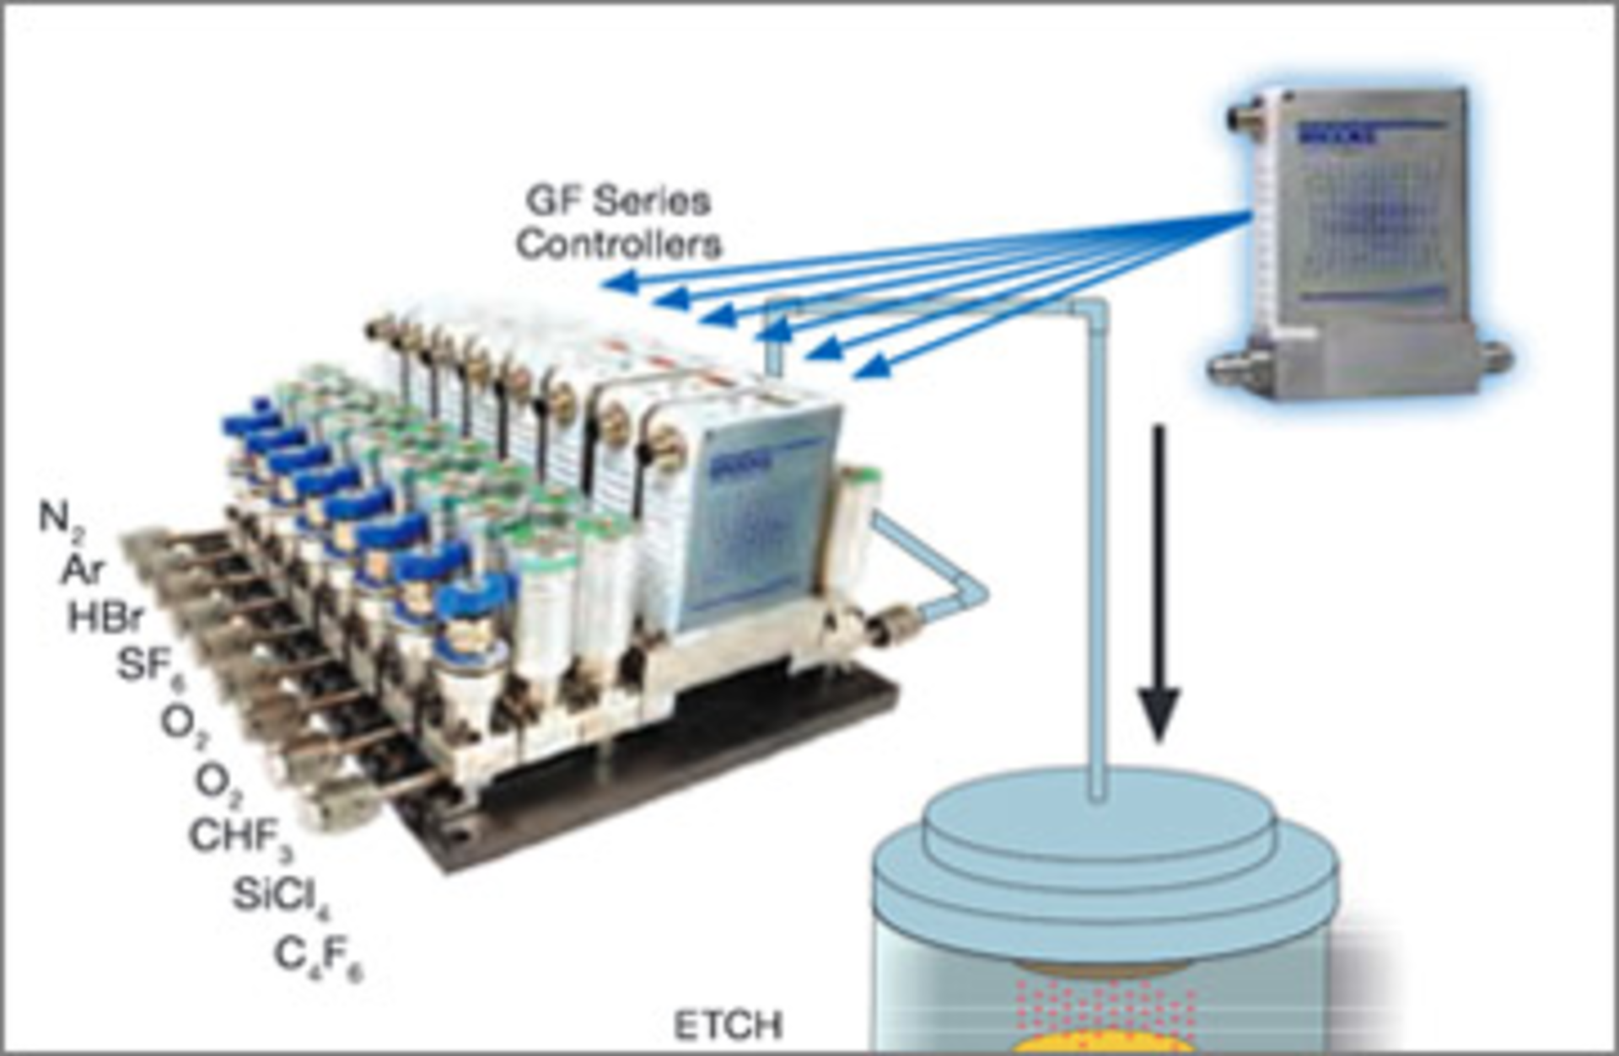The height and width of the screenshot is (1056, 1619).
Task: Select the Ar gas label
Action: (83, 571)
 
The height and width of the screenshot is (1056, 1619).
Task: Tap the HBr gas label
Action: (105, 619)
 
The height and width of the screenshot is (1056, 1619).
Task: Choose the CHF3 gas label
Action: (240, 838)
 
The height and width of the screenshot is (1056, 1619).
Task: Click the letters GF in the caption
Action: (551, 201)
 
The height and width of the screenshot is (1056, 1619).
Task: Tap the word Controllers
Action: (619, 244)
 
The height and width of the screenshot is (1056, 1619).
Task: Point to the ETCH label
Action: (728, 1026)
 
